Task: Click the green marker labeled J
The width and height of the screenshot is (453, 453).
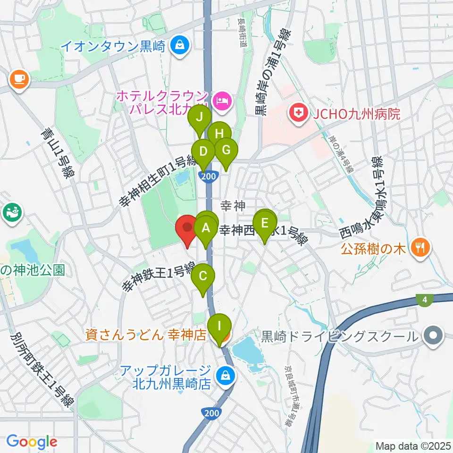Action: [x=199, y=117]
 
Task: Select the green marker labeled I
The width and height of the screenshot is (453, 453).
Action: [x=219, y=326]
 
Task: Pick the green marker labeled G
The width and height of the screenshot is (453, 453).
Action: [x=226, y=151]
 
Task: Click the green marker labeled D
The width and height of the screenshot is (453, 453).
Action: [x=203, y=152]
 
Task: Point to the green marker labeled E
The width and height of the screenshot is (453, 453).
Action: [x=265, y=223]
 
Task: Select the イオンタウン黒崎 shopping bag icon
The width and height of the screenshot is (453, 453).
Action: [x=179, y=46]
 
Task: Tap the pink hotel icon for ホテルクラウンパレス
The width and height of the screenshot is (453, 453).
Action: [x=220, y=100]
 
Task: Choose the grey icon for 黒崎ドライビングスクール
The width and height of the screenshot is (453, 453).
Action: [x=432, y=336]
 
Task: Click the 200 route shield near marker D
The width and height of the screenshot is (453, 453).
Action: [x=208, y=176]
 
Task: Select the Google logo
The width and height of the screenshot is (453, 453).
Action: [x=32, y=441]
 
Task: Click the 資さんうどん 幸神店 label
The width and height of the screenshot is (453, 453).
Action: [x=146, y=335]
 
